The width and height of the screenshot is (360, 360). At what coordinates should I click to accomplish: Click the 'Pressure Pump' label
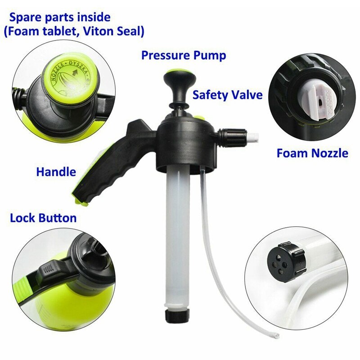point(183,55)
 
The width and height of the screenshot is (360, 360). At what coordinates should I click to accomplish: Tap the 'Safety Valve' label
point(227,95)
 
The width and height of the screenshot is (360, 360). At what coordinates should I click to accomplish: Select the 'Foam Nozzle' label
point(312,153)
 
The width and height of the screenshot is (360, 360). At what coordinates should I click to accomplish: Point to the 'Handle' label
point(56,171)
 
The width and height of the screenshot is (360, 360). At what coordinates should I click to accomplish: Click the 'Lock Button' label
point(43,218)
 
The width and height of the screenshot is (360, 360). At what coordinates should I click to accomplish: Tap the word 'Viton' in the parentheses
point(97,32)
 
